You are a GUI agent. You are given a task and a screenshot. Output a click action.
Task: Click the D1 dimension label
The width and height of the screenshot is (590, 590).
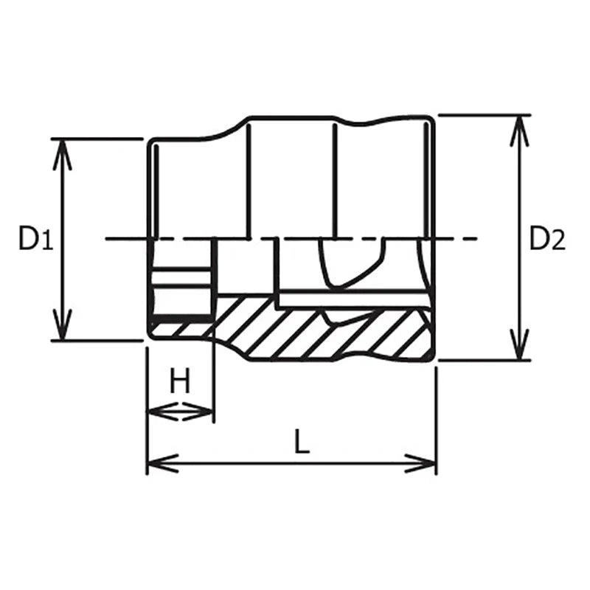(35, 239)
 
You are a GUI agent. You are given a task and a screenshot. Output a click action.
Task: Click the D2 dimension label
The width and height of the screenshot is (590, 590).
(547, 239)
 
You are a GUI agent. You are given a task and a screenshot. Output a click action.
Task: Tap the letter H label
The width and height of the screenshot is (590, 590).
(180, 382)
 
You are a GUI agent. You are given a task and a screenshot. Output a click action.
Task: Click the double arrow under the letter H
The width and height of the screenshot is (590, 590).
(181, 412)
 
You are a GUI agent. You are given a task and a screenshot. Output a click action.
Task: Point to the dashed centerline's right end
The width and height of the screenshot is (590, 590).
(472, 239)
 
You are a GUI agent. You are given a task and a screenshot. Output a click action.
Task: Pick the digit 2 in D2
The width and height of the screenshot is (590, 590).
(558, 240)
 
